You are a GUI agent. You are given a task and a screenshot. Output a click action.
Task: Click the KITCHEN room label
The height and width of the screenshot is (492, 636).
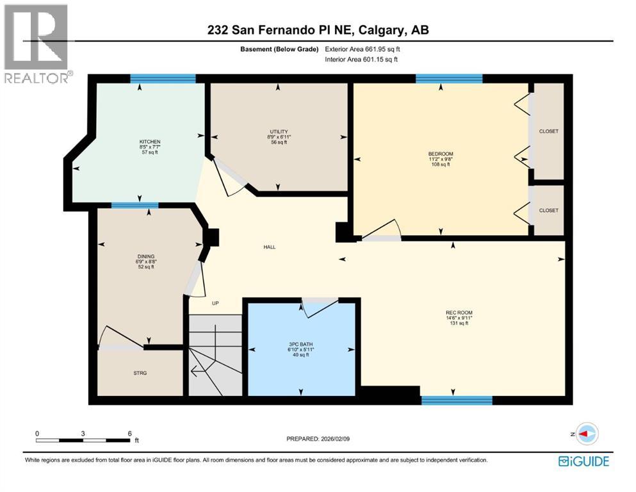tap(150, 142)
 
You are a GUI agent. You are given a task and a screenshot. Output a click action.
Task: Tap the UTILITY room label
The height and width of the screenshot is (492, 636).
tap(277, 132)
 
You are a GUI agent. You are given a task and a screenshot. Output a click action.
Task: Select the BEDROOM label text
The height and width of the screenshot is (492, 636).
tap(441, 154)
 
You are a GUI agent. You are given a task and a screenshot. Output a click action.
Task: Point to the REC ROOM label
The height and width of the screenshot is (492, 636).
tap(459, 313)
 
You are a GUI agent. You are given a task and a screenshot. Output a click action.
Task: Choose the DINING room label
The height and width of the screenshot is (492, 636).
tap(145, 256)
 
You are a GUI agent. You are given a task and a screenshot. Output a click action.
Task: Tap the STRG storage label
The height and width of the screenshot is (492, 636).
tap(140, 373)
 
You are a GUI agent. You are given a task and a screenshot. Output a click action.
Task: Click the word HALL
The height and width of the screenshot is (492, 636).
tap(270, 247)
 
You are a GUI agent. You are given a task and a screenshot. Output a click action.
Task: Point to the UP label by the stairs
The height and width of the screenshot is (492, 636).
tap(215, 304)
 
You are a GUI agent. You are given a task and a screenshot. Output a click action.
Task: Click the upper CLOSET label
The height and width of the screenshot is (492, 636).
tap(548, 131)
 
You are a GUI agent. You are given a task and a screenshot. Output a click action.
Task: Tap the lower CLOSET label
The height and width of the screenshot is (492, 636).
tap(548, 211)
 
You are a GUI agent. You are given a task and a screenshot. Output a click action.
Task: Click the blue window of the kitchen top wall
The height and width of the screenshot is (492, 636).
tap(163, 79)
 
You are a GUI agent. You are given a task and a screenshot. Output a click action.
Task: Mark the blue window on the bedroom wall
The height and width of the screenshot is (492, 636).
tap(448, 79)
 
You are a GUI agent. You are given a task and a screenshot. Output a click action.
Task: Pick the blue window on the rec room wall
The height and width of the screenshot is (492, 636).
tap(456, 400)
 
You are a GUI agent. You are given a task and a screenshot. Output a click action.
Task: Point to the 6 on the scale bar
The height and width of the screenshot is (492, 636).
tap(130, 433)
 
